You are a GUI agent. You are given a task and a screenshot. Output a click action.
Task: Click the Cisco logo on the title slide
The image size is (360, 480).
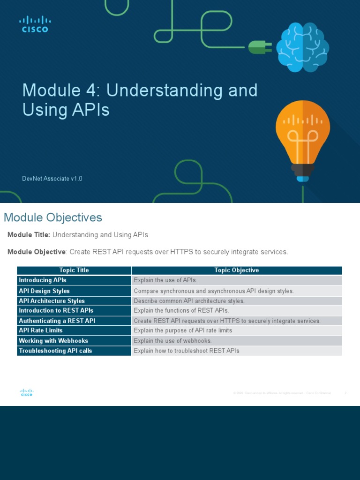tap(35, 24)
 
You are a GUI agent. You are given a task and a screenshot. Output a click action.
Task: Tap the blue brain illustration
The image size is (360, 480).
tap(302, 47)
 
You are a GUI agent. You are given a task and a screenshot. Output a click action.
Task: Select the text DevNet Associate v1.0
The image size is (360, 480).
tap(52, 179)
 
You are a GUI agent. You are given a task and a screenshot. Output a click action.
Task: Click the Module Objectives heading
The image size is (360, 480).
tap(53, 217)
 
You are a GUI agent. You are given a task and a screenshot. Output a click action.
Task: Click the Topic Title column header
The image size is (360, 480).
tap(74, 270)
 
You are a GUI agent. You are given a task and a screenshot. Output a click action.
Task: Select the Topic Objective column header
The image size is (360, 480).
tap(236, 270)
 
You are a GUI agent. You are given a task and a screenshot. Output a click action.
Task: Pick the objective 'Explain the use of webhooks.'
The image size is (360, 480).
tap(172, 341)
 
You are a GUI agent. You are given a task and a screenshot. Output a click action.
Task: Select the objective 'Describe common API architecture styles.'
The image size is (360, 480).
tap(189, 301)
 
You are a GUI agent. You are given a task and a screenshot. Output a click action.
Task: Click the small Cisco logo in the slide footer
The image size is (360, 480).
tap(26, 393)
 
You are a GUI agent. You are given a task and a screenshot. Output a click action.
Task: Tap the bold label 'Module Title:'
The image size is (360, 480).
tap(29, 235)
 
